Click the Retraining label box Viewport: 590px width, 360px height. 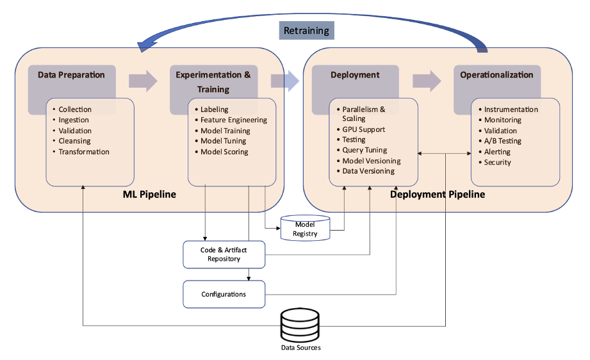pos(306,31)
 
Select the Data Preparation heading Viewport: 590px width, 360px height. pos(71,75)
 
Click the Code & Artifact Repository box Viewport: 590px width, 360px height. pos(224,254)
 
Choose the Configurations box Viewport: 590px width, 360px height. pos(224,294)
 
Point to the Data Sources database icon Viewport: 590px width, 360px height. pos(300,325)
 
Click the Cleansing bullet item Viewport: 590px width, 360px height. pos(74,141)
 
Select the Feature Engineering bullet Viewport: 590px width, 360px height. pos(233,120)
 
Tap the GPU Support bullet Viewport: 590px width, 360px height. pos(363,129)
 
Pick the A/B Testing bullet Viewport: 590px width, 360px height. pos(502,141)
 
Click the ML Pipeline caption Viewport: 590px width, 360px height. pos(149,194)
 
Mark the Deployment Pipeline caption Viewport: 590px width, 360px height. pos(437,194)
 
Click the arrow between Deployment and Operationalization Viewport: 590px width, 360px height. pos(427,81)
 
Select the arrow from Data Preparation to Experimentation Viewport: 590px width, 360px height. pos(143,81)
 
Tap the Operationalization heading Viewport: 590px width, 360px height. pos(496,75)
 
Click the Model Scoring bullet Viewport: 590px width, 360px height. pos(224,152)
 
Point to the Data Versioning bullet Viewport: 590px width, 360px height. pos(368,171)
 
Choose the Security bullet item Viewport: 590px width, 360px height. pos(497,162)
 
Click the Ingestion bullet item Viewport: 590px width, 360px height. pos(74,120)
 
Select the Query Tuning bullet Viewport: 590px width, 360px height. pos(365,150)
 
